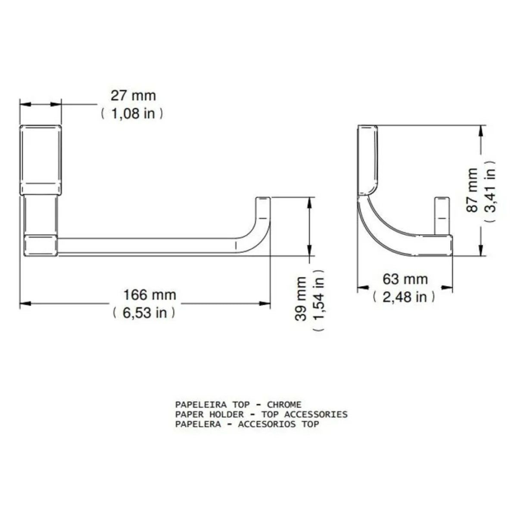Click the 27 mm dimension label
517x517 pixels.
coord(133,96)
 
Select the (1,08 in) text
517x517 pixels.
coord(132,114)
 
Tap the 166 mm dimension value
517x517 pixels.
coord(149,295)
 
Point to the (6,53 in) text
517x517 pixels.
coord(144,313)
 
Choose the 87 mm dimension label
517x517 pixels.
coord(472,190)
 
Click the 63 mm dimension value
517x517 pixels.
coord(405,279)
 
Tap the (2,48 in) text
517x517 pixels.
coord(404,297)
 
